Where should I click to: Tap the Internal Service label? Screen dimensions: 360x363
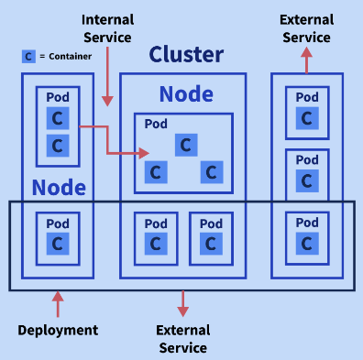(108, 27)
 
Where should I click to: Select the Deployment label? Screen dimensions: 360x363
(58, 330)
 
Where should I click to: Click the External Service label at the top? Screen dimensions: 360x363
(306, 27)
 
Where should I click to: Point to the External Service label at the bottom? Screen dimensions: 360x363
(183, 339)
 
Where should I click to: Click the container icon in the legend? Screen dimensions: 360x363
(29, 56)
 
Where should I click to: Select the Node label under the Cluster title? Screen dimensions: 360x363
(186, 93)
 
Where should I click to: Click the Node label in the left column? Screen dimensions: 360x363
(59, 189)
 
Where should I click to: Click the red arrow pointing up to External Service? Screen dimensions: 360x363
(306, 60)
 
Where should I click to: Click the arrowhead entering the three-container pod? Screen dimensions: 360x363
(144, 153)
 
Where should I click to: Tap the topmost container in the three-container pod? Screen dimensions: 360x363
(186, 144)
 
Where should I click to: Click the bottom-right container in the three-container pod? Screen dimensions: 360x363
(212, 171)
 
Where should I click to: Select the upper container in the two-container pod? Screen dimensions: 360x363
(58, 119)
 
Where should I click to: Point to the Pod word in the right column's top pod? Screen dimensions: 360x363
(307, 97)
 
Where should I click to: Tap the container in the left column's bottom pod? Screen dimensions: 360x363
(58, 244)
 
